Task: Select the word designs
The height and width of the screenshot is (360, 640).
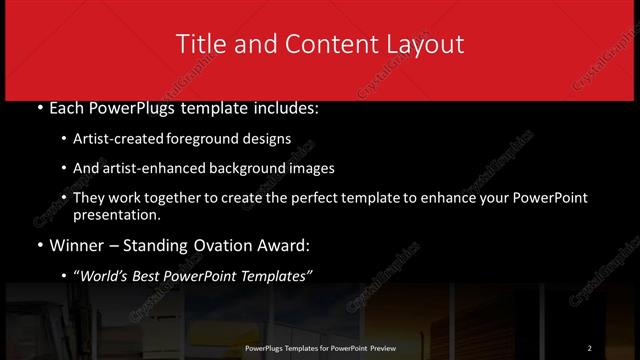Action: pos(268,138)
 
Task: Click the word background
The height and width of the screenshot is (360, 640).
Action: pos(235,168)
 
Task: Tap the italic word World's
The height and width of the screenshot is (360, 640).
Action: pos(105,277)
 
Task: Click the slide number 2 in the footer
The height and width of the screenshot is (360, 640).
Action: pos(590,348)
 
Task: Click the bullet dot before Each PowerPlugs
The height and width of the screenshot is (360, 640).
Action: pos(39,106)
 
